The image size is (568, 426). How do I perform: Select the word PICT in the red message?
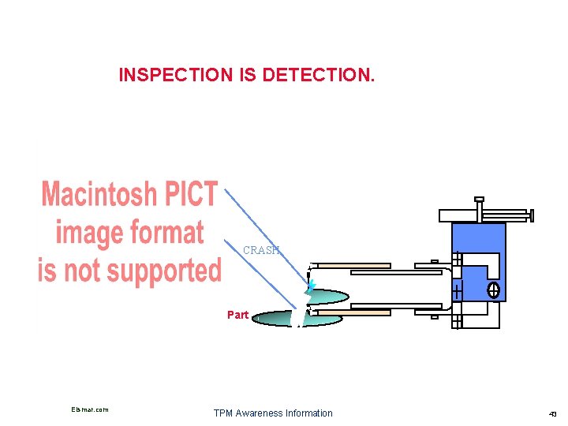coord(192,194)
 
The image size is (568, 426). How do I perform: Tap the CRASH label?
coord(261,251)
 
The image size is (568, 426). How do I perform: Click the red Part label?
coord(237,315)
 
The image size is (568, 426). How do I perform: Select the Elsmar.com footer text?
coord(89,409)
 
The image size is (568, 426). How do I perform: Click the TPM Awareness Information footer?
coord(273,413)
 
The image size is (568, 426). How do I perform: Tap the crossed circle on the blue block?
coord(494,290)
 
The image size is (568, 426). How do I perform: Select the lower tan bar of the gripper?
coord(371,312)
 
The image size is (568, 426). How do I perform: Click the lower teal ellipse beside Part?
coord(284,319)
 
